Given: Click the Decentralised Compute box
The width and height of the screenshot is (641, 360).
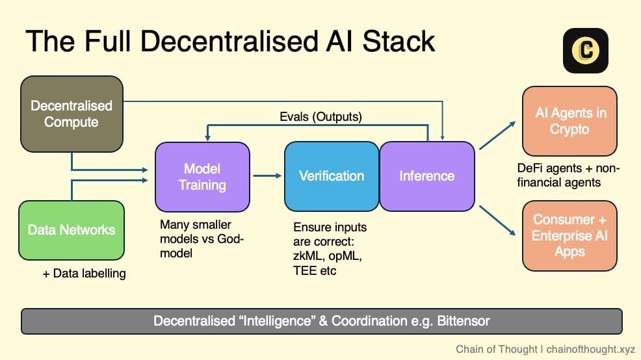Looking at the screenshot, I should click(x=72, y=113).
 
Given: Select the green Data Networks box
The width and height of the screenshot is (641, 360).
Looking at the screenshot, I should click(x=72, y=229).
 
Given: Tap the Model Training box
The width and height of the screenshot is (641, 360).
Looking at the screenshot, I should click(x=202, y=176).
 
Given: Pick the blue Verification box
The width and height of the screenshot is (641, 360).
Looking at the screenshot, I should click(x=332, y=175).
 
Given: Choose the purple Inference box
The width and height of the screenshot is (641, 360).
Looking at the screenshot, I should click(x=426, y=175).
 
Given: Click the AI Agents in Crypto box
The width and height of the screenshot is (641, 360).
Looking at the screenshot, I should click(x=569, y=120).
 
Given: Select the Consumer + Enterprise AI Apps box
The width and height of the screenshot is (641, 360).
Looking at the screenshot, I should click(x=569, y=235).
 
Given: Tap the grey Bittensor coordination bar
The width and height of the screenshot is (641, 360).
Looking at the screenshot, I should click(x=322, y=321).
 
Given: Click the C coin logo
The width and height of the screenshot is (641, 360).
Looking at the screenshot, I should click(x=586, y=51).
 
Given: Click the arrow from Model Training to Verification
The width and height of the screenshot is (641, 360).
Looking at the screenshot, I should click(x=267, y=175).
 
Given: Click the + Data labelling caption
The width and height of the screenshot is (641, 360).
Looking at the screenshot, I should click(x=84, y=274).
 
